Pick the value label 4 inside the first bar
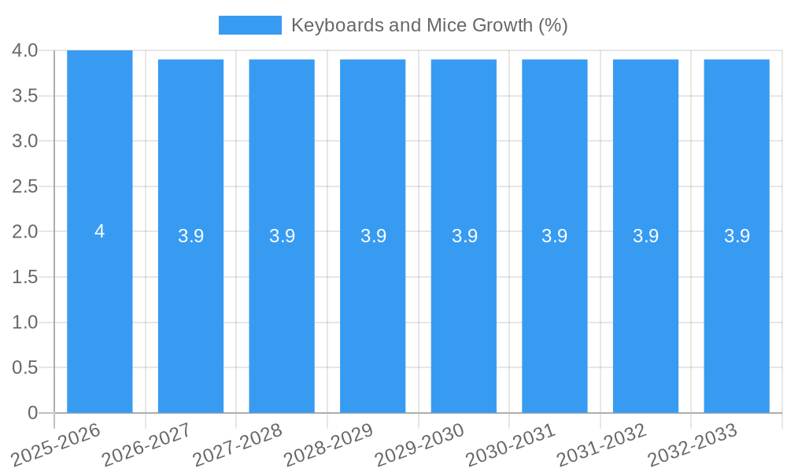click(100, 231)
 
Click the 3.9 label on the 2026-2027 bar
click(191, 236)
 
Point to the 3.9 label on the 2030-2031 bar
click(555, 236)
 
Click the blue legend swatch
click(249, 25)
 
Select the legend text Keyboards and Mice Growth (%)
click(429, 25)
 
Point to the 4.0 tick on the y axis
click(25, 50)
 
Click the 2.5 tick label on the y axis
click(25, 186)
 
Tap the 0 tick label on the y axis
click(32, 413)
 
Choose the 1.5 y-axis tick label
click(25, 277)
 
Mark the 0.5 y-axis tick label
click(25, 367)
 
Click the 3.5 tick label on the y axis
click(25, 96)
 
